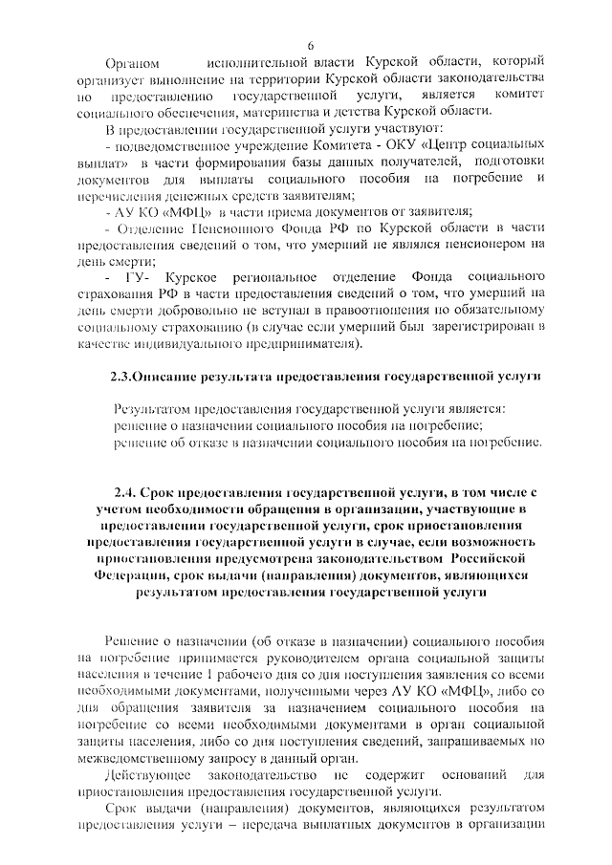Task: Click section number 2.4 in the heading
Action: pos(127,491)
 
